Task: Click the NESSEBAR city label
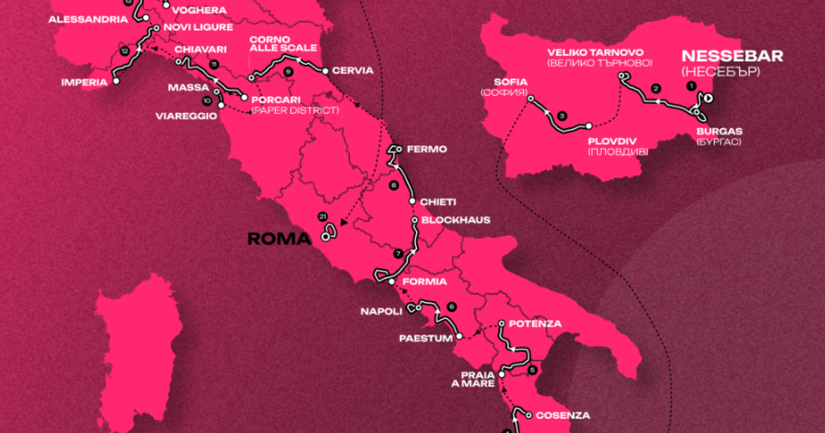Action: pyautogui.click(x=732, y=56)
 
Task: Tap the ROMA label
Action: pyautogui.click(x=279, y=239)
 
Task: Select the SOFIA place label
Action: pyautogui.click(x=510, y=81)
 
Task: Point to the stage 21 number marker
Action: pyautogui.click(x=323, y=216)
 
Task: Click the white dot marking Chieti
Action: pyautogui.click(x=412, y=202)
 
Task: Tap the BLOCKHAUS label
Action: pyautogui.click(x=455, y=220)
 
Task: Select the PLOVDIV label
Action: pyautogui.click(x=612, y=141)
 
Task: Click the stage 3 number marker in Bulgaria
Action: pyautogui.click(x=562, y=116)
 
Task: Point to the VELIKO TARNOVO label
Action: pyautogui.click(x=595, y=53)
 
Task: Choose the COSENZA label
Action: pyautogui.click(x=563, y=415)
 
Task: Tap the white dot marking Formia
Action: pyautogui.click(x=392, y=282)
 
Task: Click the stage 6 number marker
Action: pyautogui.click(x=452, y=307)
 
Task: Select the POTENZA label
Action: pyautogui.click(x=535, y=324)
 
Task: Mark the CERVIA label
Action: pyautogui.click(x=353, y=71)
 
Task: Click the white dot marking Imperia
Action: pyautogui.click(x=116, y=81)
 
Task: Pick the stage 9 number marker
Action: pyautogui.click(x=288, y=72)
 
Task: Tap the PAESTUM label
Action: pyautogui.click(x=425, y=339)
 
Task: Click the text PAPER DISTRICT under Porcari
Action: pyautogui.click(x=295, y=110)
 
